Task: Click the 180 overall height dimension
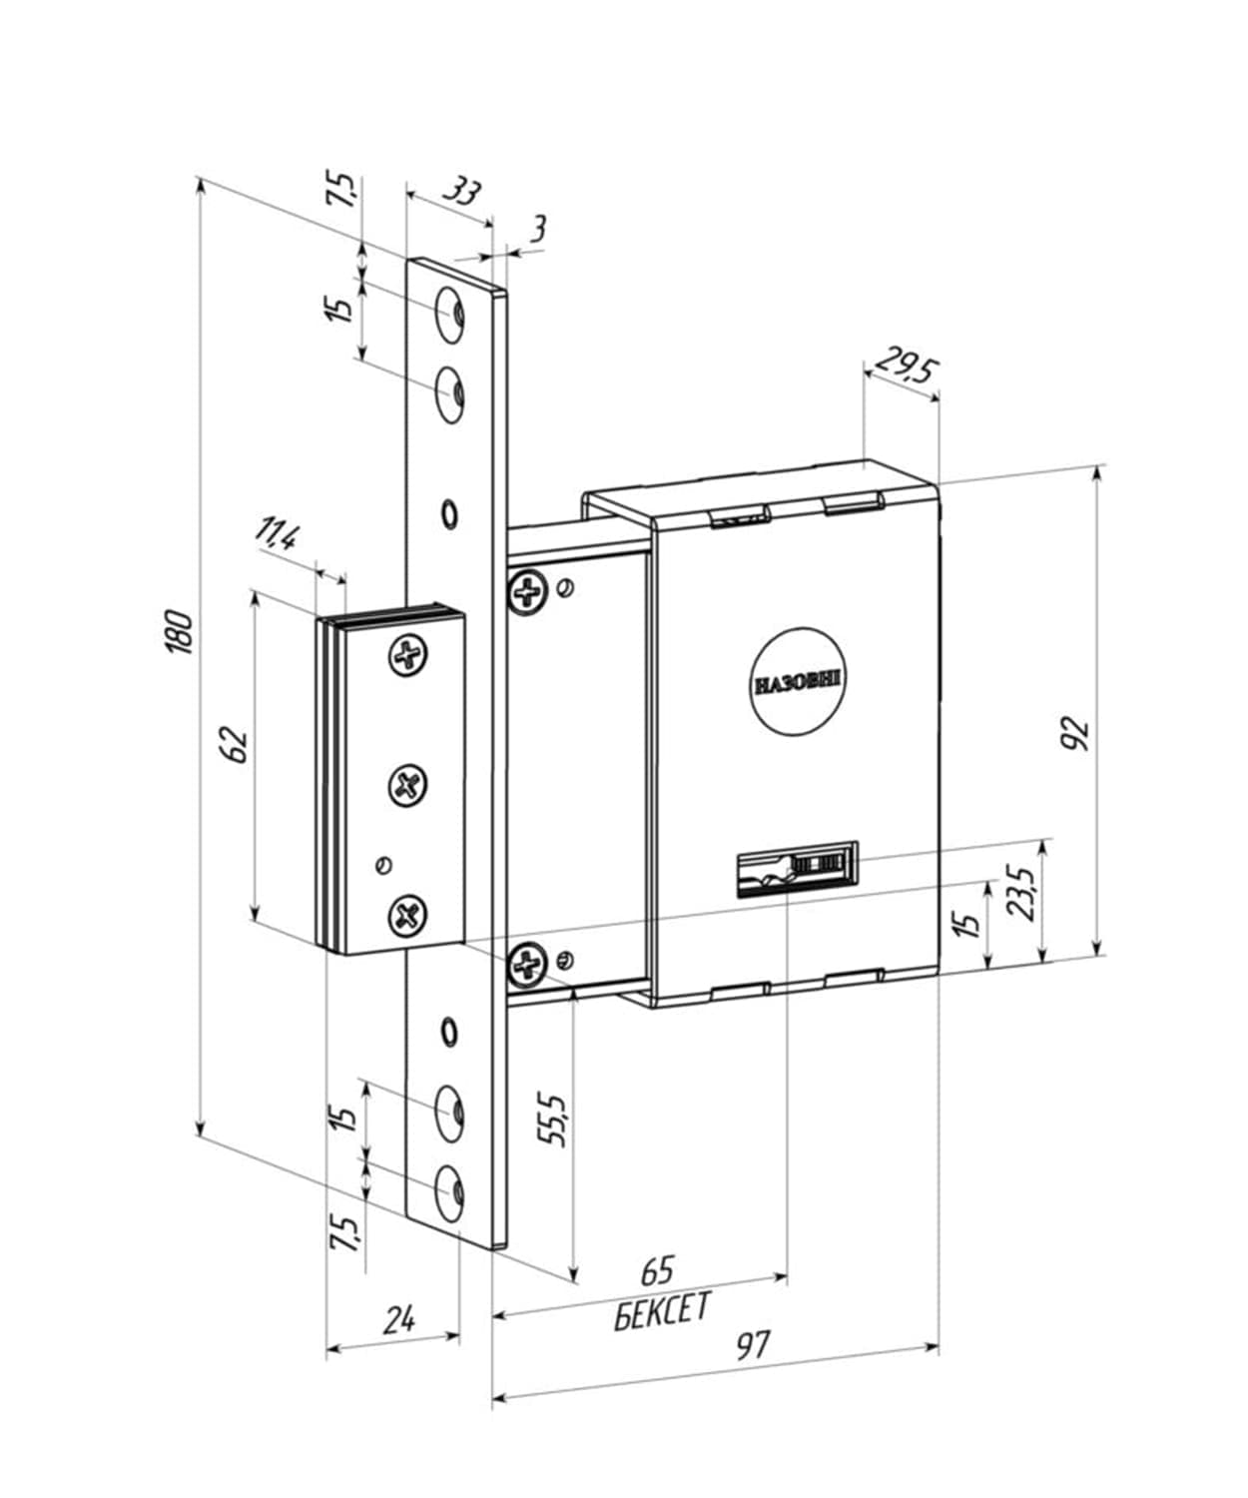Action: tap(180, 631)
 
